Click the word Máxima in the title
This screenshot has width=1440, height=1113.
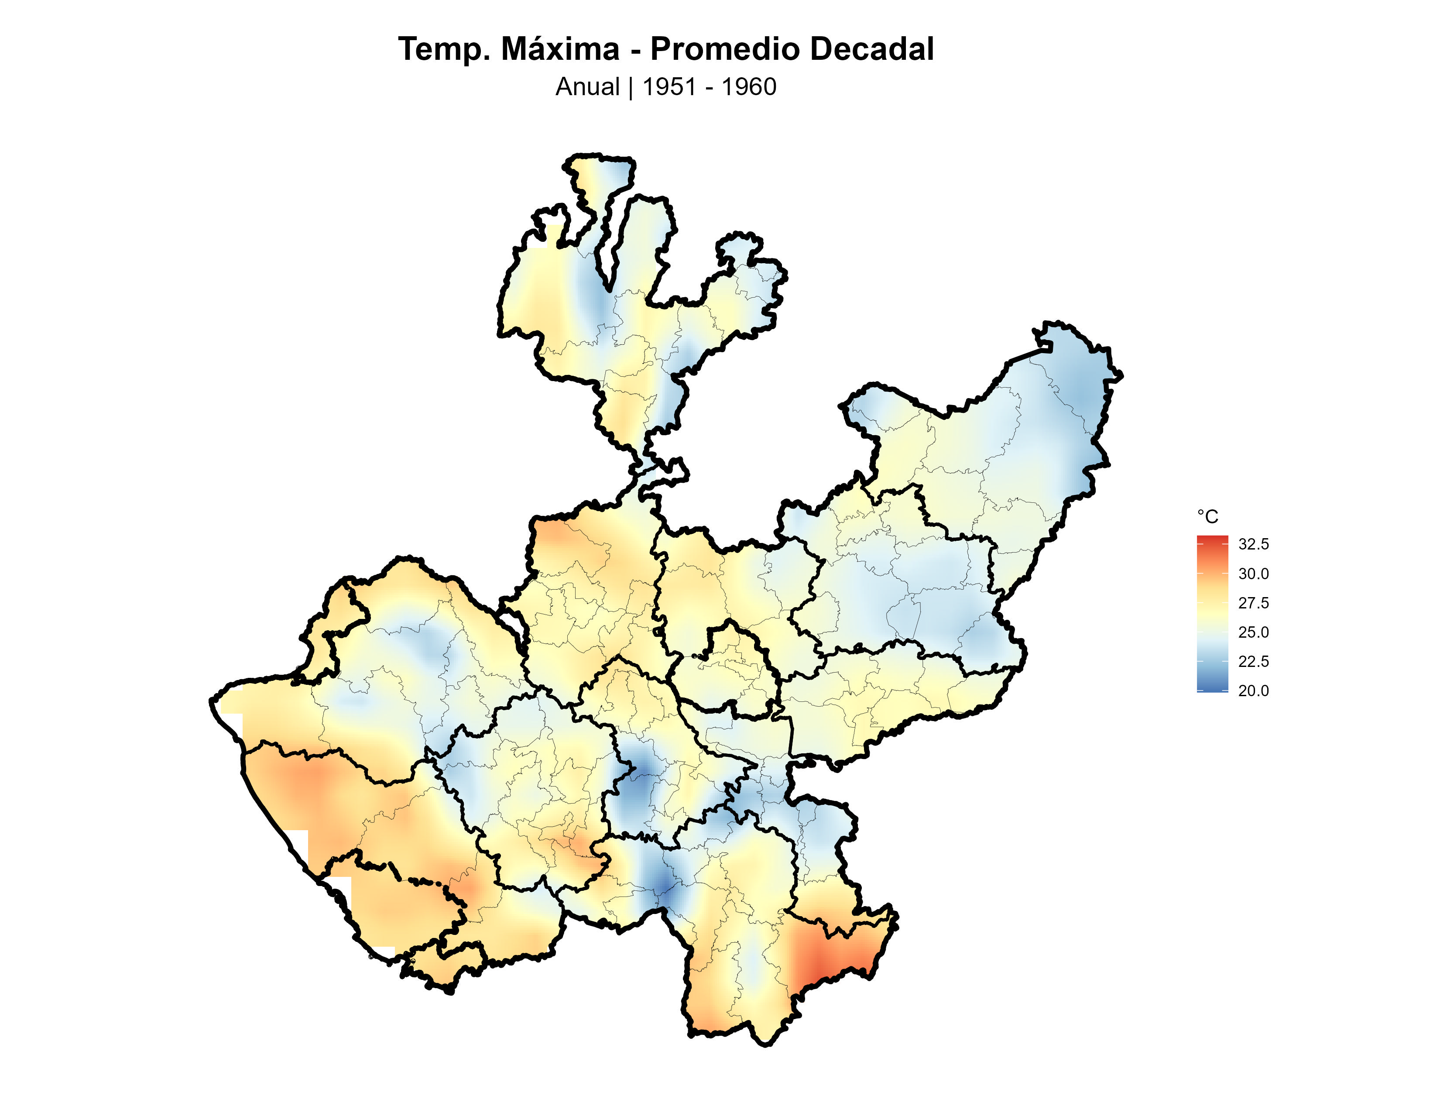pos(560,49)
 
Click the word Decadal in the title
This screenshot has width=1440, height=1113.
pos(872,49)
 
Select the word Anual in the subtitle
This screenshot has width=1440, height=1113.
pos(587,87)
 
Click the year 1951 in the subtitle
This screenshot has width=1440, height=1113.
pos(669,87)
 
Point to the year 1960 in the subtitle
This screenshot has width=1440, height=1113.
pos(749,87)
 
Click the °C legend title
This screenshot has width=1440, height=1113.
pos(1207,516)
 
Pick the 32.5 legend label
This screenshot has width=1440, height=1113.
pos(1253,544)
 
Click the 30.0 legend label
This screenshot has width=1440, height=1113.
pos(1253,574)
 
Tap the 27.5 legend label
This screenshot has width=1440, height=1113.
pos(1253,603)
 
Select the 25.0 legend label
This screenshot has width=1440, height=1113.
pos(1253,632)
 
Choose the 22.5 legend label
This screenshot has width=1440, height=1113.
pos(1253,661)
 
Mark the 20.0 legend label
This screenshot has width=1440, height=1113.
pos(1253,691)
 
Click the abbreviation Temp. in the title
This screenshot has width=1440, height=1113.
pos(443,49)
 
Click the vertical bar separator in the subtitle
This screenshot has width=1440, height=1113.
pos(631,87)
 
